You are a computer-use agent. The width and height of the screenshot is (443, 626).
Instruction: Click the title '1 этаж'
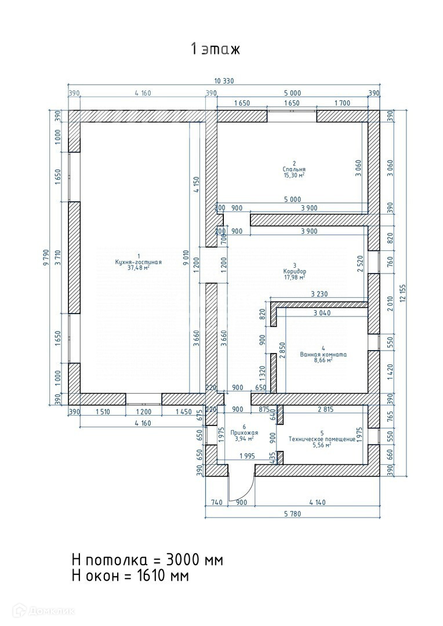(215, 49)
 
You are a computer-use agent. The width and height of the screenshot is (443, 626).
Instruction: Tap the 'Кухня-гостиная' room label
(138, 263)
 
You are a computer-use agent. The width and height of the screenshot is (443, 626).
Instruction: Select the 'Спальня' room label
(294, 169)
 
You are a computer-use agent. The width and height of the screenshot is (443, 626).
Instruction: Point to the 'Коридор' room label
(294, 271)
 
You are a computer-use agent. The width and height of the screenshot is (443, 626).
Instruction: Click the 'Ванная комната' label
(323, 354)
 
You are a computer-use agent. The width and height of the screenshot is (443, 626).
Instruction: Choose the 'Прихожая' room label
(244, 433)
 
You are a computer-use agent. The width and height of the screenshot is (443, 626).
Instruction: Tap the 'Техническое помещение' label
(322, 439)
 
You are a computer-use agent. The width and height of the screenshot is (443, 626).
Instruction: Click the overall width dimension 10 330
(224, 81)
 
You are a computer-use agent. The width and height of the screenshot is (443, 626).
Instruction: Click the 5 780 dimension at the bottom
(292, 514)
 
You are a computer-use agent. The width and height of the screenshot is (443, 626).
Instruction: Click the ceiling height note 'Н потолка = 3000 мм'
(147, 559)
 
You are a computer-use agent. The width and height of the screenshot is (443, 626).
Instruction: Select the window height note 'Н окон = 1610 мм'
(130, 576)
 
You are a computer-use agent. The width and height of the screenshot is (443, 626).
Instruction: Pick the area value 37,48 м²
(138, 268)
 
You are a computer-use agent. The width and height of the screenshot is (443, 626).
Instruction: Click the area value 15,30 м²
(295, 175)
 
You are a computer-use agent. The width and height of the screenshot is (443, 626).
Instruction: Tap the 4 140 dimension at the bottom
(318, 502)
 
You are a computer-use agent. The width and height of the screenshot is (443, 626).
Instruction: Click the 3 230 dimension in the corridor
(319, 294)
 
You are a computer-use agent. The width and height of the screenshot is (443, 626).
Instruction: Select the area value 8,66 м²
(324, 360)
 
